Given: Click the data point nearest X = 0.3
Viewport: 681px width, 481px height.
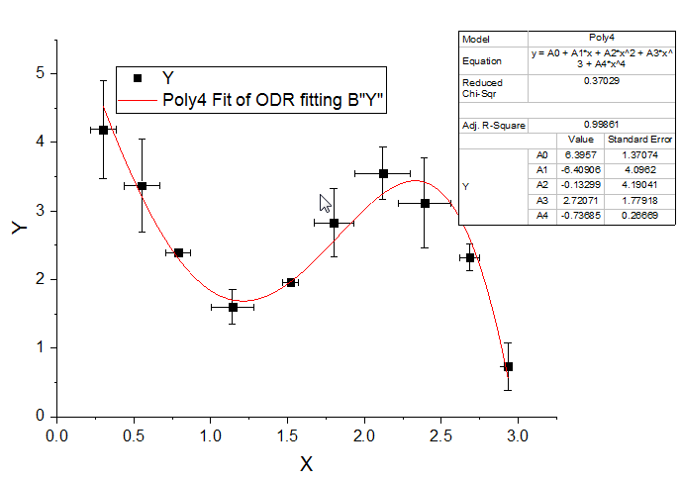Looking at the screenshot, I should (x=103, y=130).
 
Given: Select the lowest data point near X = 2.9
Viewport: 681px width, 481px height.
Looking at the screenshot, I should (x=508, y=366).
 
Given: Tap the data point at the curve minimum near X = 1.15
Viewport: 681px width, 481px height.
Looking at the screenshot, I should (x=233, y=307).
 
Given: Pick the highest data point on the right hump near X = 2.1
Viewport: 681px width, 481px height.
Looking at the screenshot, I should (x=383, y=173).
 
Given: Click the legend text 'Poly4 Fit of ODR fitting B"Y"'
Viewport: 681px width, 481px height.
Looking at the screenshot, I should (x=273, y=100).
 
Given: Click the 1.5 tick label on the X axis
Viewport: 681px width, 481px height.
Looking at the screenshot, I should (x=286, y=434).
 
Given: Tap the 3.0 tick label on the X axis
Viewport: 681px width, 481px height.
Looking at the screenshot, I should (x=516, y=434).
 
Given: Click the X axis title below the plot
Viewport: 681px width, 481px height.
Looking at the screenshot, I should (x=307, y=463).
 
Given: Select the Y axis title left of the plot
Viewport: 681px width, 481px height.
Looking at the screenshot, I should (x=19, y=227).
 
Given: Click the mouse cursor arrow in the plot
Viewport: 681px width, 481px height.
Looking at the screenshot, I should (x=324, y=202).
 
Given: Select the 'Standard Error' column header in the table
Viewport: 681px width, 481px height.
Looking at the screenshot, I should (x=639, y=141).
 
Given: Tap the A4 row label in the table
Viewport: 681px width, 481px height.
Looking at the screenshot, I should (x=541, y=216).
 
